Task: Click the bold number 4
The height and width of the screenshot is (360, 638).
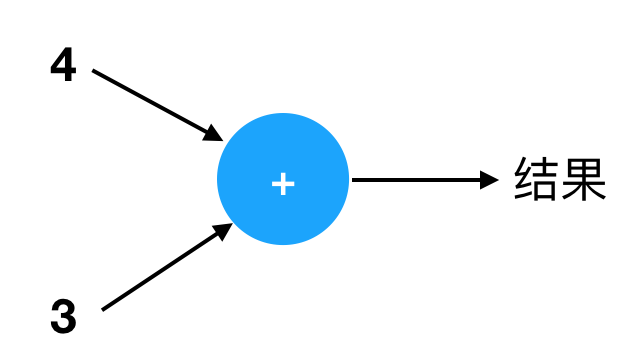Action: coord(63,64)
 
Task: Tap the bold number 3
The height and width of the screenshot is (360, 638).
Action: coord(63,316)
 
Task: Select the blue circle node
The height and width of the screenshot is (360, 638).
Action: coord(283,179)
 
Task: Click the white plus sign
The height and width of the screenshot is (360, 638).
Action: coord(283,184)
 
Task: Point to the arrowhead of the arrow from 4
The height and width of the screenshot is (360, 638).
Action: coord(213,133)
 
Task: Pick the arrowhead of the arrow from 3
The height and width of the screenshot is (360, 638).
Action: coord(223,231)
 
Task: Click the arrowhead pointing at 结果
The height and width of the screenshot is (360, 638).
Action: coord(489,180)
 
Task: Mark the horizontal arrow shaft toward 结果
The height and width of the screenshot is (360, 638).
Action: coord(416,180)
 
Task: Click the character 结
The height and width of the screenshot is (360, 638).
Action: coord(535,179)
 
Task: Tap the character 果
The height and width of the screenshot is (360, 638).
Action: coord(583,179)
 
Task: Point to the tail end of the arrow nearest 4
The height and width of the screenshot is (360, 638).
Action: coord(93,71)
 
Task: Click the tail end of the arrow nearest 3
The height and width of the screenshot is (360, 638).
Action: coord(102,310)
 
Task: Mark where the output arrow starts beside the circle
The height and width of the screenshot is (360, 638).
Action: coord(352,180)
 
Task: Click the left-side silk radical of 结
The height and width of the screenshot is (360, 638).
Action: coord(523,179)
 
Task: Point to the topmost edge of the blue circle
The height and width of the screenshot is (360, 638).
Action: coord(283,113)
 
